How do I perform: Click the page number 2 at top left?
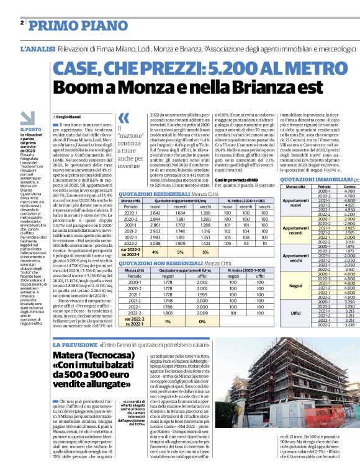click(21, 22)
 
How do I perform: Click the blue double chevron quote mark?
click(124, 117)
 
